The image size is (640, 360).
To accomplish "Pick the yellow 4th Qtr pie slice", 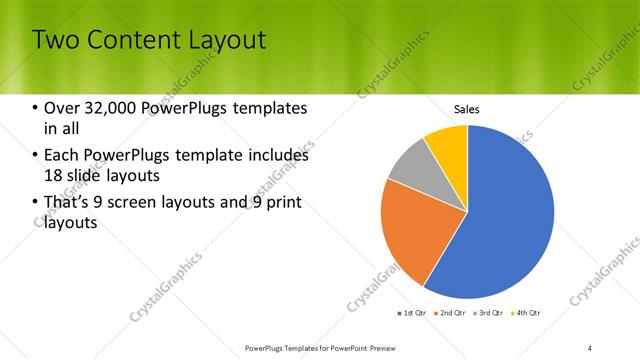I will [x=448, y=144].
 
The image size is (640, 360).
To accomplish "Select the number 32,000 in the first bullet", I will [x=112, y=108].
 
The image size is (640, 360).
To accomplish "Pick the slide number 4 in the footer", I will [x=590, y=347].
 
